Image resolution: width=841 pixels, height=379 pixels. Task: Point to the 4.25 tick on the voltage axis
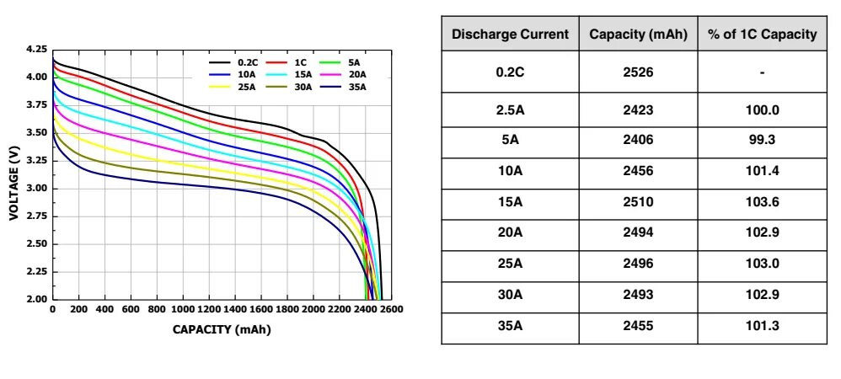pos(36,50)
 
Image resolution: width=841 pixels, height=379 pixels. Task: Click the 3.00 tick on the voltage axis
pos(36,189)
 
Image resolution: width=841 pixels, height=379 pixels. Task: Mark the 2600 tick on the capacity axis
pos(391,310)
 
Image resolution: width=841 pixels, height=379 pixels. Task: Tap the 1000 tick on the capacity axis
pos(182,310)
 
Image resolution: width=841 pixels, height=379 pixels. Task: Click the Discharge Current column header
pos(510,35)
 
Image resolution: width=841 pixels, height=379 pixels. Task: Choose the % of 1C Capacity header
pos(762,35)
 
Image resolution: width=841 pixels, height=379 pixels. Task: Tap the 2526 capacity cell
pos(638,72)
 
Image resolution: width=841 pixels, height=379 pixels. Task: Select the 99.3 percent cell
pos(762,141)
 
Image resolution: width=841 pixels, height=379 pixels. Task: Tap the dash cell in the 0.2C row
pos(762,72)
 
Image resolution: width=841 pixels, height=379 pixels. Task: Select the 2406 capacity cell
pos(638,141)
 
